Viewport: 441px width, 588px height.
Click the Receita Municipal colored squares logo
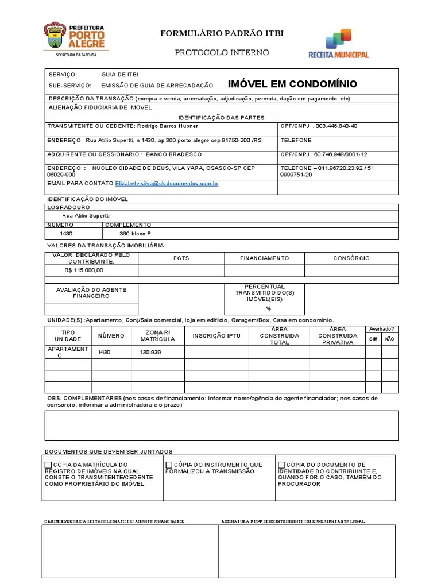338,39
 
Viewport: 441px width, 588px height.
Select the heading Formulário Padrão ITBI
222,34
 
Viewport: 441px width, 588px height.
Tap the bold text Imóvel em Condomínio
292,84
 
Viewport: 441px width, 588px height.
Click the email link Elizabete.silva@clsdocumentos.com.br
167,184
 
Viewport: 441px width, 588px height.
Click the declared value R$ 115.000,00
84,270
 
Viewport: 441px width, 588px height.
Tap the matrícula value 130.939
150,352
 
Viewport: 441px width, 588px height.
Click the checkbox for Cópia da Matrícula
48,465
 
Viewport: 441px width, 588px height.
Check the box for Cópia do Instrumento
169,465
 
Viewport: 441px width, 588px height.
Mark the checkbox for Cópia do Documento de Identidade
281,465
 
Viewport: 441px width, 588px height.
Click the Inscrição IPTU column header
216,336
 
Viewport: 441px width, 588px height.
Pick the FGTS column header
181,258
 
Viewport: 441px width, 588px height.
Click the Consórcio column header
351,258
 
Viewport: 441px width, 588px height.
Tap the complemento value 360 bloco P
135,234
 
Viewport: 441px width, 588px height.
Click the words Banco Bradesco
173,154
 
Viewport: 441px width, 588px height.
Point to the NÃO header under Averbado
389,339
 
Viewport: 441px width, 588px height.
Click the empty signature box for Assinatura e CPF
307,551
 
